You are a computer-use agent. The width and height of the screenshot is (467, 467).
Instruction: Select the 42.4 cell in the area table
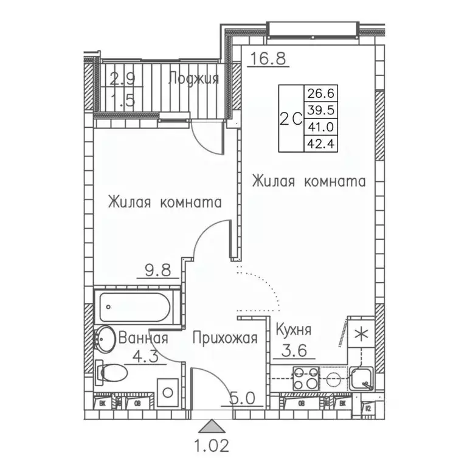click(x=322, y=144)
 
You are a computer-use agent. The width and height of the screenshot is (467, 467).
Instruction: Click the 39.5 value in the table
click(x=322, y=110)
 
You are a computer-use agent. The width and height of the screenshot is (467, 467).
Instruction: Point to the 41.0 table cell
click(x=322, y=127)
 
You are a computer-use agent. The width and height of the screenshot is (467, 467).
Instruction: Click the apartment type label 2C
click(x=291, y=119)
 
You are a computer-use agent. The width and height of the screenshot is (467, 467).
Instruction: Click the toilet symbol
click(x=111, y=372)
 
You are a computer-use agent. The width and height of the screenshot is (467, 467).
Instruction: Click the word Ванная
click(x=143, y=338)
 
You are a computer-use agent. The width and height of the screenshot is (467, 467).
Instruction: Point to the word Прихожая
click(x=226, y=338)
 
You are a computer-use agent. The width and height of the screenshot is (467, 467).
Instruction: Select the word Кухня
click(x=293, y=330)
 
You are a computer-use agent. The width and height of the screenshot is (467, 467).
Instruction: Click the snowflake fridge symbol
click(x=361, y=334)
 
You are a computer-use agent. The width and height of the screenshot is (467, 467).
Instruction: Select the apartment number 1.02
click(x=212, y=448)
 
